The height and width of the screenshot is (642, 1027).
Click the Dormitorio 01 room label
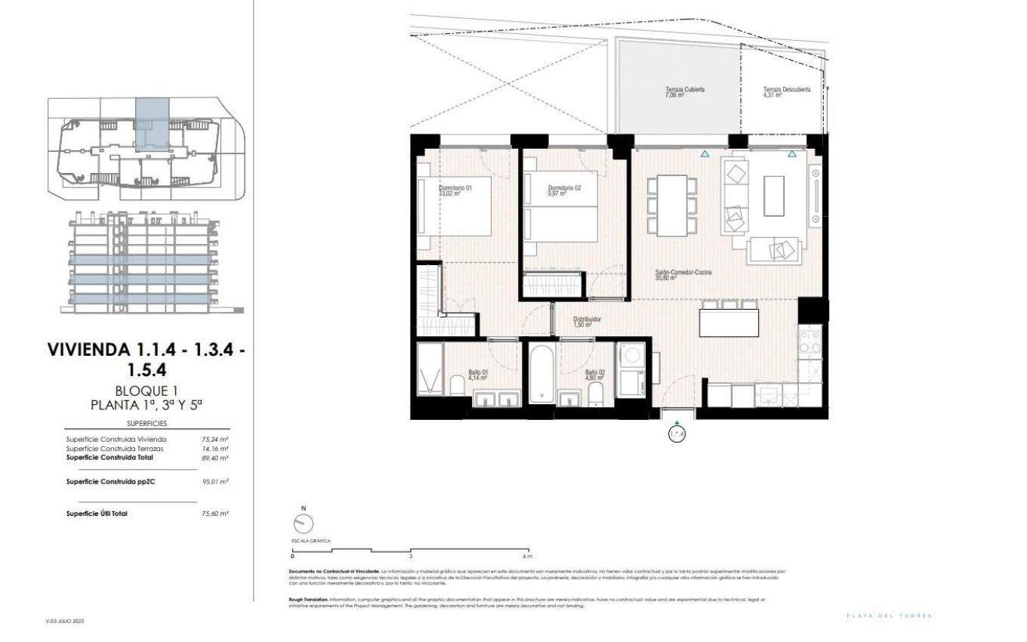(455, 189)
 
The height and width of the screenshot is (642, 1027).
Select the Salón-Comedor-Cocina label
(683, 273)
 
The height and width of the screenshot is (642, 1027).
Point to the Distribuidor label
(586, 320)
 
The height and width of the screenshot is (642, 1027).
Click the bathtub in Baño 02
(541, 374)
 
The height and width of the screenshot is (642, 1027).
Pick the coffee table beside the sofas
(774, 196)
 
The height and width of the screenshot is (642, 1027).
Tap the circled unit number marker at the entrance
(677, 434)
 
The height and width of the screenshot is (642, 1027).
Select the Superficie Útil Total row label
(97, 514)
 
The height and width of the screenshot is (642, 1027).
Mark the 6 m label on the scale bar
(527, 555)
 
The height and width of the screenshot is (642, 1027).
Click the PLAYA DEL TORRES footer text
(890, 616)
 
